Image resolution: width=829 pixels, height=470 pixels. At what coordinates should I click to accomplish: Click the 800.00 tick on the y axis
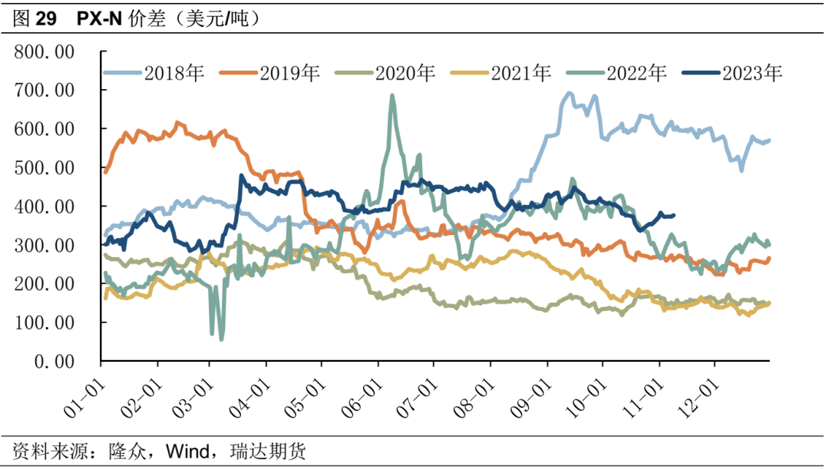(x=44, y=52)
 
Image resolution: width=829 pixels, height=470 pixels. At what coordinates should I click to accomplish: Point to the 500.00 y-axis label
(x=44, y=168)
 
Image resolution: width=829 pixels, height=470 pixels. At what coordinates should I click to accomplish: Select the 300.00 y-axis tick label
(x=44, y=246)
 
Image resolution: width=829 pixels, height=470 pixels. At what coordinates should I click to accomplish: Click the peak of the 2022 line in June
(x=392, y=96)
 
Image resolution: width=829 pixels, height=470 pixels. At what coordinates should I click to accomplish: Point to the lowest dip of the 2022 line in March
(x=222, y=339)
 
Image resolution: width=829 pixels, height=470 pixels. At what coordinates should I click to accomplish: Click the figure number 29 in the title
(x=46, y=19)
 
